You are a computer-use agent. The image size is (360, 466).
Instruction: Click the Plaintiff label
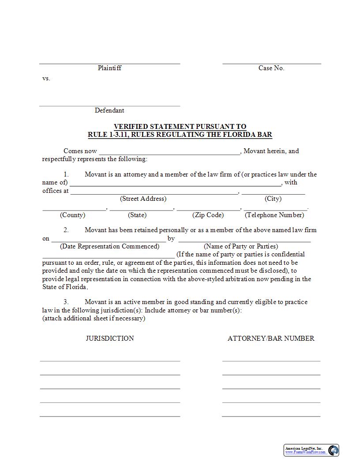109,68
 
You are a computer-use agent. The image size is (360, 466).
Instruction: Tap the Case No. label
271,68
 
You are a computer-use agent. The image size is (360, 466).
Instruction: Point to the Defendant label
109,110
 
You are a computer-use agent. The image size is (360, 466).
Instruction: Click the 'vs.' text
46,78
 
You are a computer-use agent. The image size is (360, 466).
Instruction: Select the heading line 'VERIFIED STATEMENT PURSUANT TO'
180,127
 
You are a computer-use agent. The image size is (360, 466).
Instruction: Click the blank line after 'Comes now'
169,153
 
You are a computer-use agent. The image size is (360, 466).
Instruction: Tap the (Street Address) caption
143,199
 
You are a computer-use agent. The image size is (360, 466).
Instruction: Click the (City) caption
273,199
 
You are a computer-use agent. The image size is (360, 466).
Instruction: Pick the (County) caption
72,215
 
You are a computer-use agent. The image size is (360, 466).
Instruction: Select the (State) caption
137,215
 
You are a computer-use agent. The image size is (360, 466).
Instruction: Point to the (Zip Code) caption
208,215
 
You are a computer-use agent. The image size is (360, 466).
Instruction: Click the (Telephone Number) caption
274,215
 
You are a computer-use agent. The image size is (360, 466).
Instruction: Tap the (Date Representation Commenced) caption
109,246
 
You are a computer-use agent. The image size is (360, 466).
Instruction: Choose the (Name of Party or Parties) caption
241,246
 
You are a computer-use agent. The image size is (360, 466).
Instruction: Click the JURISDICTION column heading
110,338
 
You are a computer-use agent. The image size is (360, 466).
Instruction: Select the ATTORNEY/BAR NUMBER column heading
271,338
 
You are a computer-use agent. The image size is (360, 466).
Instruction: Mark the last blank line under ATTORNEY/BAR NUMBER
271,416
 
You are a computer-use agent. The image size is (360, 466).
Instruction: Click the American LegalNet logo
311,450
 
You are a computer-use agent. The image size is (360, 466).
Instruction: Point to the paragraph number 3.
66,302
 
